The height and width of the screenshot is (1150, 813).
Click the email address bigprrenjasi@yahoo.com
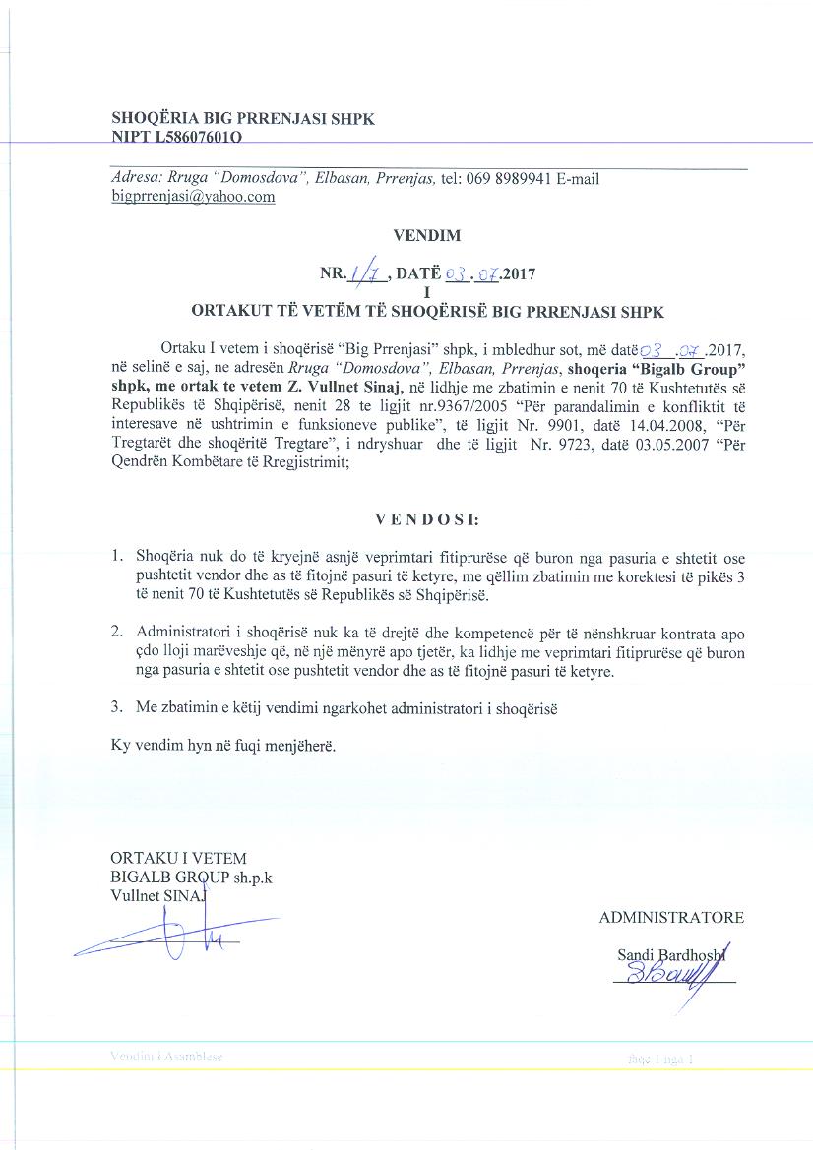click(x=193, y=196)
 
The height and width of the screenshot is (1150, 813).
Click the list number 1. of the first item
click(x=116, y=557)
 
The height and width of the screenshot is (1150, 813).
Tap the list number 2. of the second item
click(x=116, y=630)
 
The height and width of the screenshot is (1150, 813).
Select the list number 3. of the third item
click(x=116, y=705)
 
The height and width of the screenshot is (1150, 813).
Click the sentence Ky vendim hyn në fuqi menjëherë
click(x=223, y=746)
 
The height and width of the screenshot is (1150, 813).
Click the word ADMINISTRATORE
click(x=671, y=917)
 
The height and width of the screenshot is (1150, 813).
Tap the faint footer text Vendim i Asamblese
click(x=167, y=1057)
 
